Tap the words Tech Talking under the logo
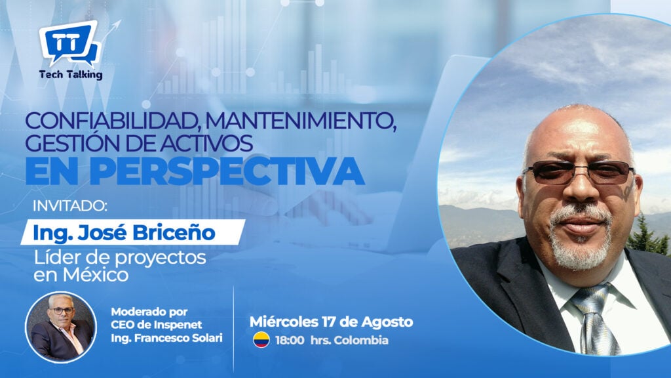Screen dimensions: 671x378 pos(71,75)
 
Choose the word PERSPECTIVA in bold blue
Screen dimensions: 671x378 pos(227,171)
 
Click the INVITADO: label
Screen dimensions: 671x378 pos(69,206)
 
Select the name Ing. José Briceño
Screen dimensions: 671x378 pos(124,233)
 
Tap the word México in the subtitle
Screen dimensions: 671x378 pos(96,275)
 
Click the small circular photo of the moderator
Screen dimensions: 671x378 pos(61,327)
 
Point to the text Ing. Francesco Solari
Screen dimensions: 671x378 pos(166,338)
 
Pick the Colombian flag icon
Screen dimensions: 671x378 pos(261,340)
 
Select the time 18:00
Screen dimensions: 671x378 pos(290,341)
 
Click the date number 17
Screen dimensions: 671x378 pos(337,322)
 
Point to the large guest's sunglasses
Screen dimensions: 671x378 pos(579,172)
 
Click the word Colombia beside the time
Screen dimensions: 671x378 pos(361,341)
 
